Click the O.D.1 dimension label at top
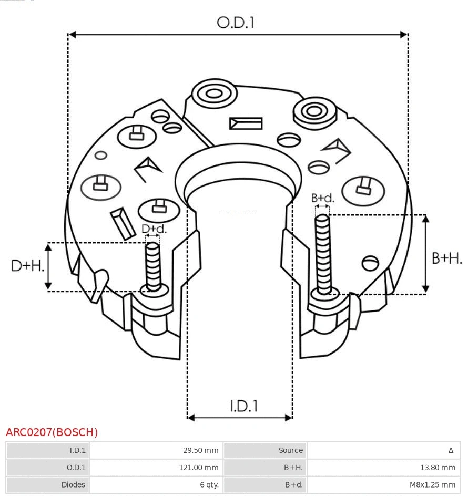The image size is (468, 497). [236, 23]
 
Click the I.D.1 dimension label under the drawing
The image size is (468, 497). [243, 406]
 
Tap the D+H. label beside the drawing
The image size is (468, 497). [27, 266]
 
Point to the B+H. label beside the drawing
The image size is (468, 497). [446, 258]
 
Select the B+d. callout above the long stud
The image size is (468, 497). [322, 198]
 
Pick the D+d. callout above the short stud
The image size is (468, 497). [154, 229]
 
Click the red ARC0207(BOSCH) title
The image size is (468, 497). [52, 432]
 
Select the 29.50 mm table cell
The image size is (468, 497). [200, 450]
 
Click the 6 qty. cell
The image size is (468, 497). [209, 484]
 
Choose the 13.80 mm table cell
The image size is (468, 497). [438, 467]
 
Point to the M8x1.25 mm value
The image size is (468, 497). [432, 484]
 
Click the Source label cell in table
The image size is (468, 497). [290, 450]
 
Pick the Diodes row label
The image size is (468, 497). [73, 484]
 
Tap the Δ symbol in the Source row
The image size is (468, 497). [451, 450]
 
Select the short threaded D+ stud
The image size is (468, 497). [153, 265]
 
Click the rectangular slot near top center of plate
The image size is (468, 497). [246, 123]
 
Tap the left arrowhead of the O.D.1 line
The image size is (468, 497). [73, 35]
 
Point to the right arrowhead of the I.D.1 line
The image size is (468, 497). [289, 418]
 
